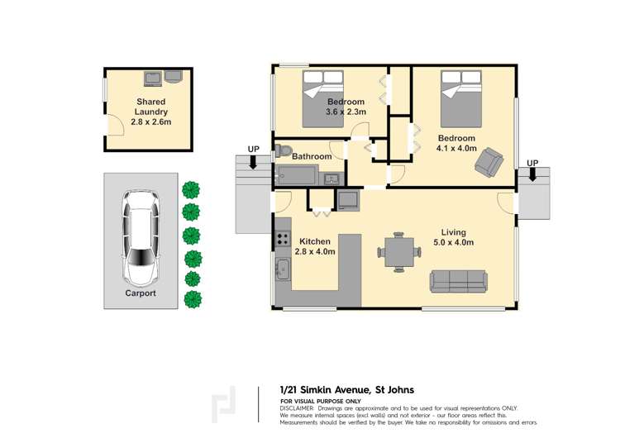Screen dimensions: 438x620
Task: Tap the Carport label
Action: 140,293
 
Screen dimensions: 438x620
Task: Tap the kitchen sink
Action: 283,268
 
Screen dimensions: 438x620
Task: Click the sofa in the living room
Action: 458,281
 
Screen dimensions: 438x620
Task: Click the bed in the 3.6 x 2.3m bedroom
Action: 323,98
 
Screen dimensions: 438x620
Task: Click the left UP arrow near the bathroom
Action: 254,162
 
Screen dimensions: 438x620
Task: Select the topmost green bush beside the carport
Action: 192,190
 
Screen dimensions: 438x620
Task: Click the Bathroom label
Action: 312,156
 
